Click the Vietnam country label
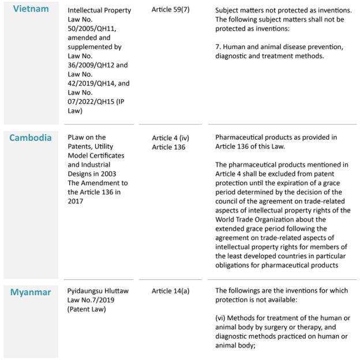[31, 9]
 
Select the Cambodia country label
[31, 138]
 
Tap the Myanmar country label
[31, 292]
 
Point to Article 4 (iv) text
[171, 138]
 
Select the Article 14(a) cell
[171, 291]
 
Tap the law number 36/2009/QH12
[92, 73]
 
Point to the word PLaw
[78, 137]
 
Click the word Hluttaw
[121, 291]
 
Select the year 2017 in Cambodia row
[77, 201]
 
